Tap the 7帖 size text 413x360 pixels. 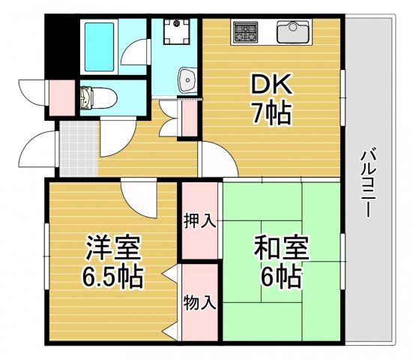[271, 113]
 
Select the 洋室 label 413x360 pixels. [112, 247]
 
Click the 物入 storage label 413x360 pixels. [199, 302]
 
